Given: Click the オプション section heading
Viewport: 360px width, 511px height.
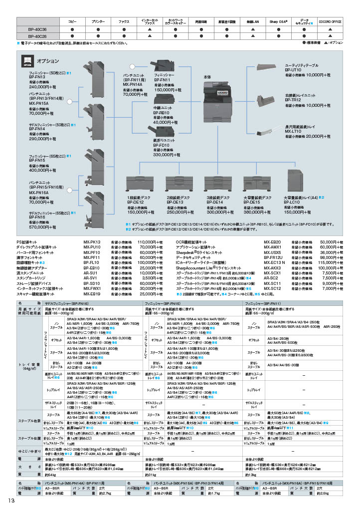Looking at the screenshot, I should pyautogui.click(x=48, y=60).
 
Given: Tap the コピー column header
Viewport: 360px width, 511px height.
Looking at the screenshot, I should pyautogui.click(x=72, y=22).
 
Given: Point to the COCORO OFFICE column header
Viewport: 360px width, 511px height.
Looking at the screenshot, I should pyautogui.click(x=330, y=22).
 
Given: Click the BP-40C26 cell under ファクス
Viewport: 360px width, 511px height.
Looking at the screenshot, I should pyautogui.click(x=124, y=36).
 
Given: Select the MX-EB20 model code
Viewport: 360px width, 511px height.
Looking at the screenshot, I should pyautogui.click(x=272, y=242).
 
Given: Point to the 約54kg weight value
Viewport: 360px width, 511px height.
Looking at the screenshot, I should pyautogui.click(x=51, y=475).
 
